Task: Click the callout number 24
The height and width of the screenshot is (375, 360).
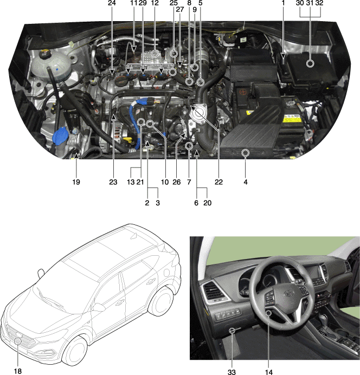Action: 112,3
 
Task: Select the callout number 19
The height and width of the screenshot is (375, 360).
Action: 76,182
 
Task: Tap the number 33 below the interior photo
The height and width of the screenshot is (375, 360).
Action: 232,372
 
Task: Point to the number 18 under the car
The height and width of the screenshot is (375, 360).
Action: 18,371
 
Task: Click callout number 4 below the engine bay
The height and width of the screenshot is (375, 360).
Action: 246,182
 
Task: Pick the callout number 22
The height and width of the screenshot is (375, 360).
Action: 218,182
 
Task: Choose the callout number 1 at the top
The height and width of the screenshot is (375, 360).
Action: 283,3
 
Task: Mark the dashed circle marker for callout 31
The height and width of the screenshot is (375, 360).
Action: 310,63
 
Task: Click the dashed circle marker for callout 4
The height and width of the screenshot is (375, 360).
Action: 246,152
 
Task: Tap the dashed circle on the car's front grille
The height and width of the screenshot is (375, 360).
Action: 18,341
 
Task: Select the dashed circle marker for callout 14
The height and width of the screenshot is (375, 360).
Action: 268,313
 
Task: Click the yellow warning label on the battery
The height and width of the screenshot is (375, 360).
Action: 292,118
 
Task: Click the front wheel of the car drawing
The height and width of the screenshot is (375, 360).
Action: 75,351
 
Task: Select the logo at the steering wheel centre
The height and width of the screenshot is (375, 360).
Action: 289,293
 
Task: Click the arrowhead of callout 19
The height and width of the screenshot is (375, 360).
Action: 76,156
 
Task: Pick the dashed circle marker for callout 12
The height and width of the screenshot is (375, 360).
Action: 155,54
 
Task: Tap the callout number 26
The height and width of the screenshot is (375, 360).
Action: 177,182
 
